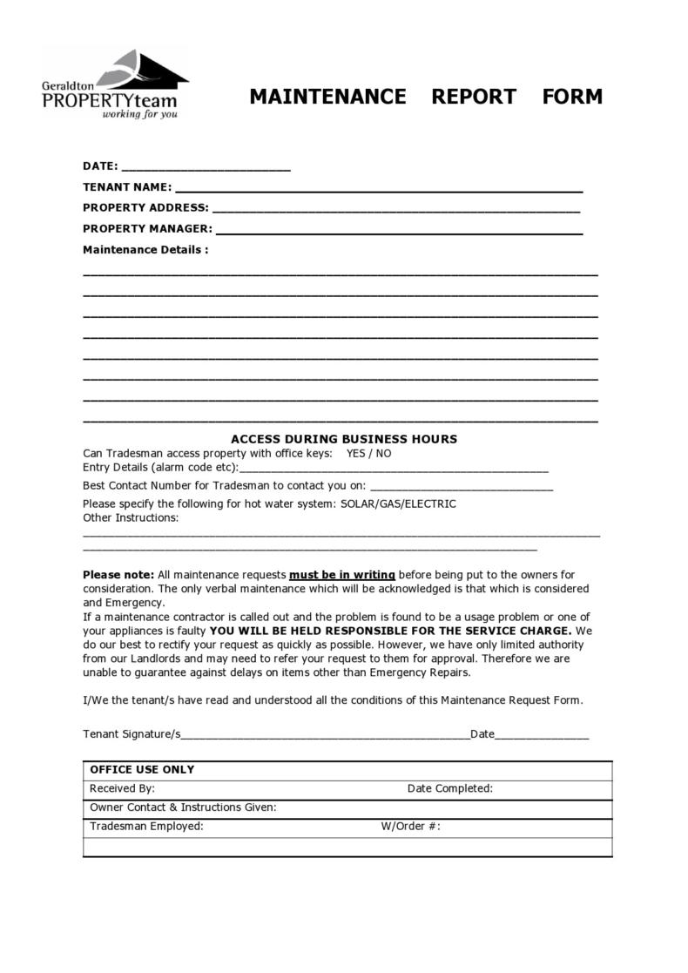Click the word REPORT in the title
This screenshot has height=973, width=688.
point(474,97)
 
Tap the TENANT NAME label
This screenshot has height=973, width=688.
point(127,187)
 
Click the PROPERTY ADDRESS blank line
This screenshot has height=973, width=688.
point(395,210)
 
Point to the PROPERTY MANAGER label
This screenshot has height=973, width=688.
point(147,229)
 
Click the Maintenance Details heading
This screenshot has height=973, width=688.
point(145,250)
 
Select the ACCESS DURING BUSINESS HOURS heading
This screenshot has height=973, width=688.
point(343,439)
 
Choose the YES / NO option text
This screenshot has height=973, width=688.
point(368,454)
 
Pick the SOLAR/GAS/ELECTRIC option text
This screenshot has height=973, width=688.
point(398,504)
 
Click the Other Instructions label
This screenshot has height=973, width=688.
point(131,518)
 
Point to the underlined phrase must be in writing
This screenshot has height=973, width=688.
point(342,575)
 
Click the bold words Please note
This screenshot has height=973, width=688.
point(118,575)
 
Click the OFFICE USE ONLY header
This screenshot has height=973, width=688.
point(142,770)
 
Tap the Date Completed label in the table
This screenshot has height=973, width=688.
point(449,789)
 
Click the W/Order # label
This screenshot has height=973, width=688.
point(410,827)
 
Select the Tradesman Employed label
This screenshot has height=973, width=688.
point(146,827)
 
